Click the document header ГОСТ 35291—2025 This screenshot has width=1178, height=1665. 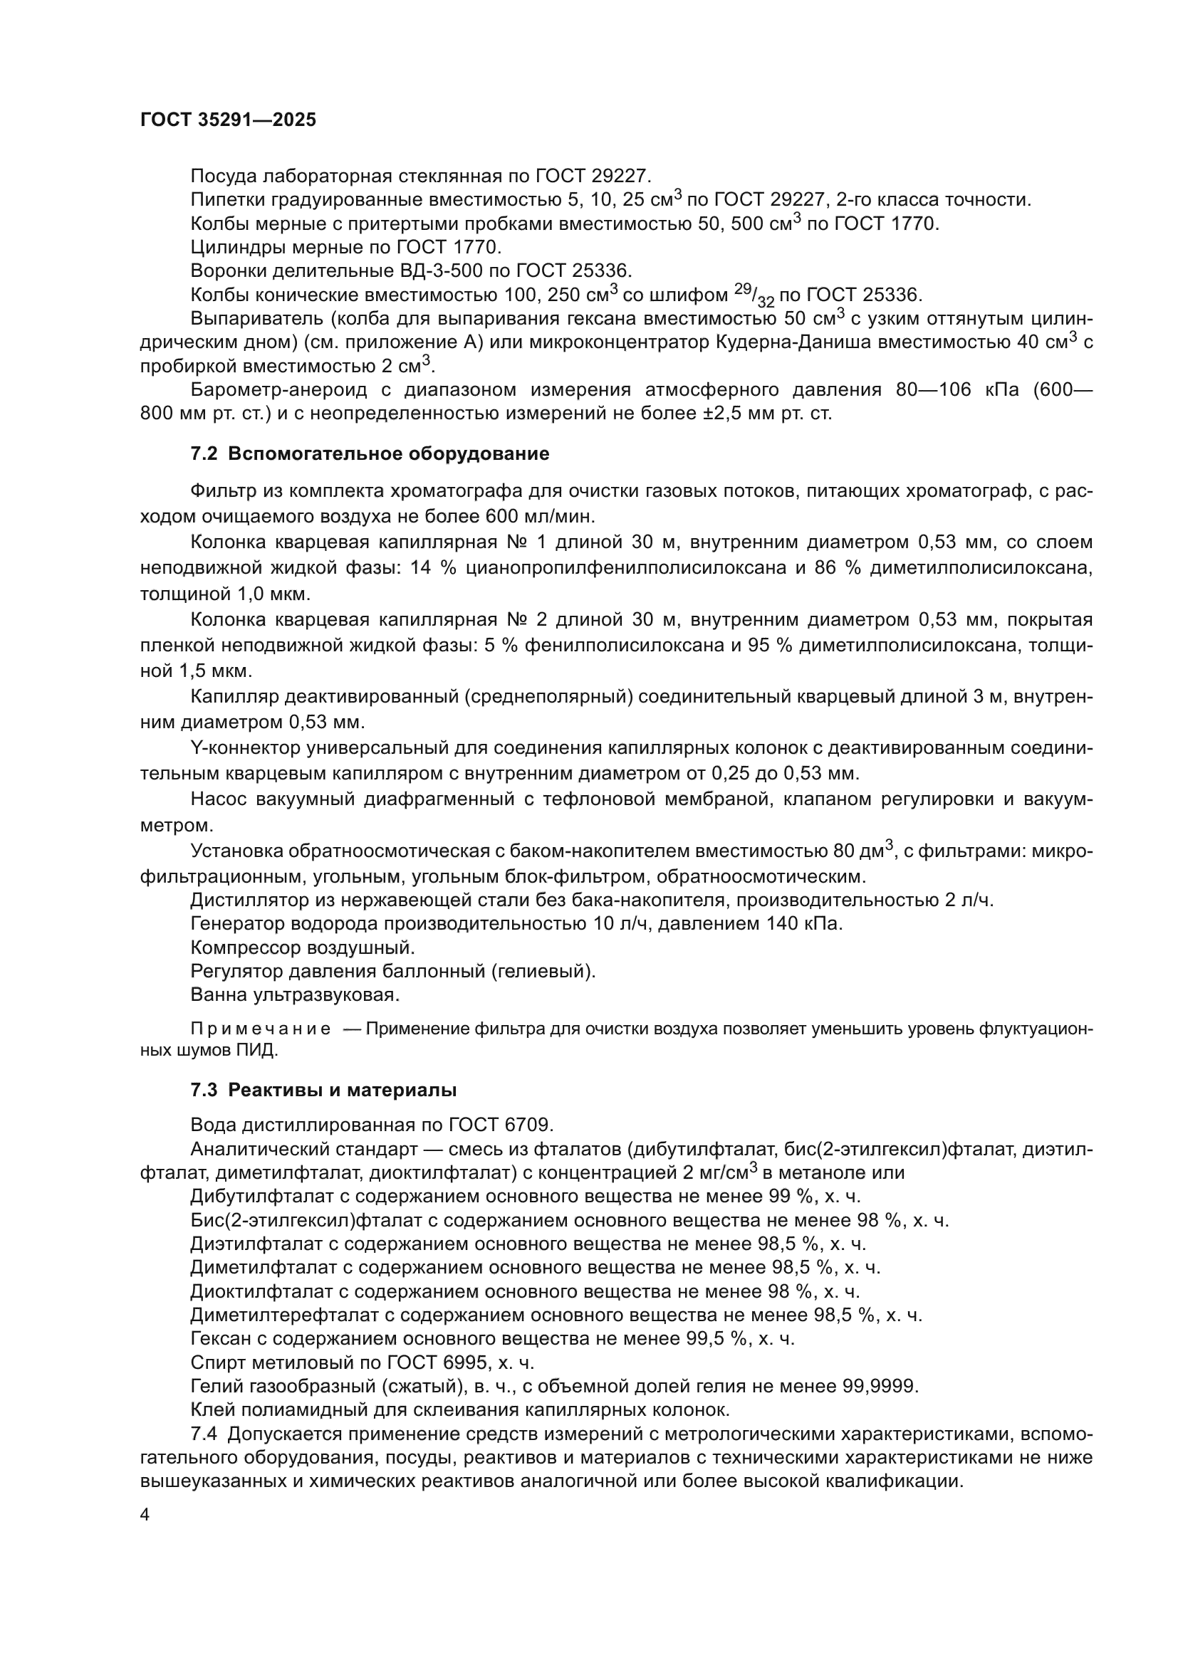point(228,120)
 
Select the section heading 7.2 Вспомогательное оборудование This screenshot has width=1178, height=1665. point(369,454)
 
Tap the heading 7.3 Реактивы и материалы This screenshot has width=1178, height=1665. point(323,1089)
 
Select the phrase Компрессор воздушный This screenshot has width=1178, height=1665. point(303,947)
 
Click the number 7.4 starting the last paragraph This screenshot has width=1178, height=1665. point(205,1434)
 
